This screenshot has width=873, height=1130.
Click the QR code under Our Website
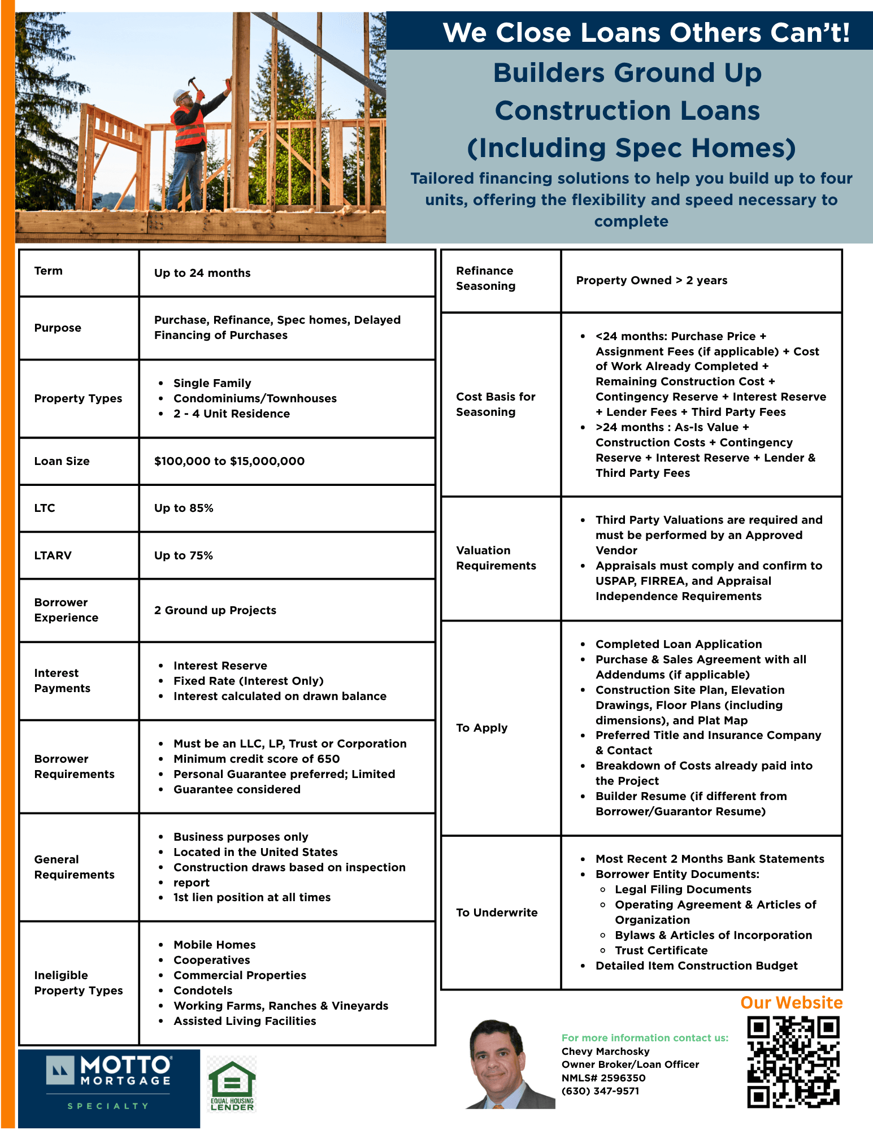pyautogui.click(x=793, y=1062)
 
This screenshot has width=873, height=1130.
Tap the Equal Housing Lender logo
pyautogui.click(x=232, y=1084)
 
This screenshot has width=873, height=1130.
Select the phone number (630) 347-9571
pyautogui.click(x=600, y=1091)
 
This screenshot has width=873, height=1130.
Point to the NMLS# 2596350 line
pyautogui.click(x=603, y=1077)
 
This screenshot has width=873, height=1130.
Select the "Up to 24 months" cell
pyautogui.click(x=202, y=273)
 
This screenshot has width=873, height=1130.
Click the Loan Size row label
pyautogui.click(x=62, y=461)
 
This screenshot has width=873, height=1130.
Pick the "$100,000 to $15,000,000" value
pyautogui.click(x=229, y=461)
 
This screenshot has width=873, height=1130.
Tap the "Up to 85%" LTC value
pyautogui.click(x=184, y=508)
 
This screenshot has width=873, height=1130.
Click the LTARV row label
pyautogui.click(x=53, y=555)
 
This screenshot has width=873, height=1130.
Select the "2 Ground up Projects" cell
pyautogui.click(x=215, y=610)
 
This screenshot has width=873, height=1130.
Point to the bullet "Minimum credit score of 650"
pyautogui.click(x=257, y=759)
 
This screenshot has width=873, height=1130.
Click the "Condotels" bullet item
pyautogui.click(x=203, y=990)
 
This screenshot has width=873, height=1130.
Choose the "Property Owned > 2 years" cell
pyautogui.click(x=652, y=280)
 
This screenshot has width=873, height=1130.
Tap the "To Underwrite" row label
pyautogui.click(x=497, y=912)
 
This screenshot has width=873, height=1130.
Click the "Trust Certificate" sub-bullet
pyautogui.click(x=661, y=950)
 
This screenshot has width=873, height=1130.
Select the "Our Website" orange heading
pyautogui.click(x=791, y=1003)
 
